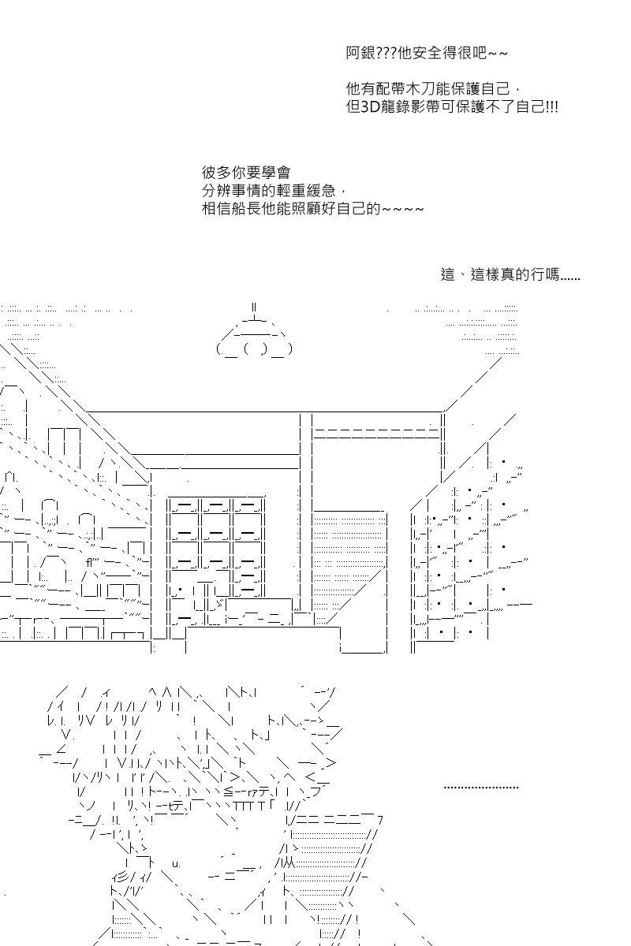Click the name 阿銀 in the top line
360,54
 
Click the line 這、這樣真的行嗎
510,275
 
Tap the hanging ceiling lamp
253,335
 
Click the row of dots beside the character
481,787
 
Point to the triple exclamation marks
551,106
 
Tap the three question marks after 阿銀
386,54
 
